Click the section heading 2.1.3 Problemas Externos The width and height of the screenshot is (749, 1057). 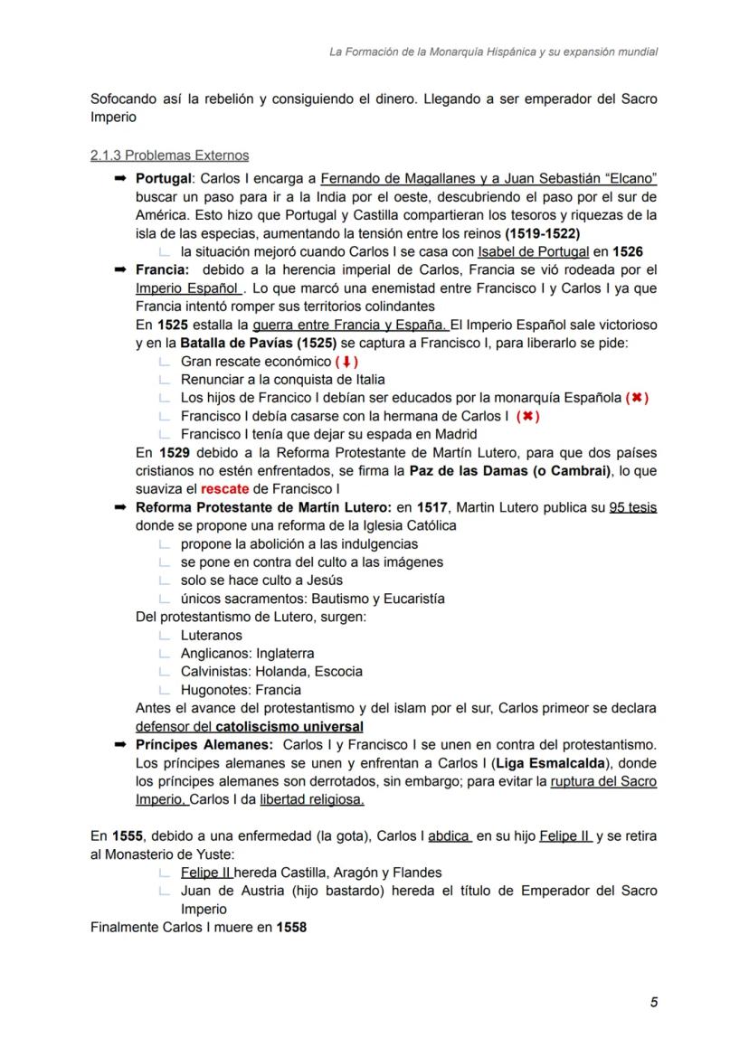(x=169, y=156)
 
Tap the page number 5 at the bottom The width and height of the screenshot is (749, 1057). (x=653, y=1002)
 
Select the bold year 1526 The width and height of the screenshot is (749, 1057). (x=627, y=251)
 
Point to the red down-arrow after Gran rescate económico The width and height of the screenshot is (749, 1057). (x=347, y=362)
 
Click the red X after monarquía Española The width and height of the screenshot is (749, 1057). (x=637, y=398)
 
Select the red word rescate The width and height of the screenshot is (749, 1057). (x=225, y=489)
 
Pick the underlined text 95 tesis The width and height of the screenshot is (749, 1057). (x=633, y=507)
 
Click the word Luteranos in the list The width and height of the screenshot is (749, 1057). (x=211, y=635)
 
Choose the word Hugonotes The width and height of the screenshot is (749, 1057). (x=213, y=690)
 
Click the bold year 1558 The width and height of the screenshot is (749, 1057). (x=291, y=927)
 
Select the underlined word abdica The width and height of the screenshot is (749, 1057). (x=448, y=836)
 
